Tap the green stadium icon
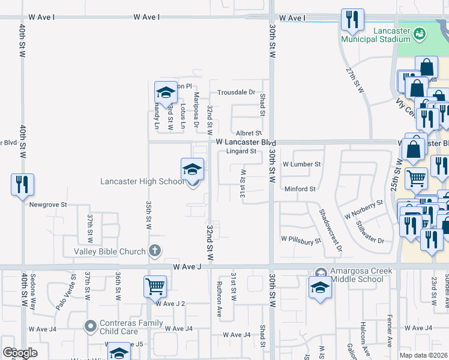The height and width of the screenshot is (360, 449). pos(420,34)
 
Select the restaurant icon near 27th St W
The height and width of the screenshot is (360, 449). pos(352,19)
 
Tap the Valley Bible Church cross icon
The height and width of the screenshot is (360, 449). pos(155,251)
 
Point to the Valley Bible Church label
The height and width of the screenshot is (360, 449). pos(110,251)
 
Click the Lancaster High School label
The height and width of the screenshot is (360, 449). pos(142,182)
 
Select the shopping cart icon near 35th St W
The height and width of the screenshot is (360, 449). pos(155,286)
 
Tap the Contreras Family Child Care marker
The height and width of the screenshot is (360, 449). pos(90,327)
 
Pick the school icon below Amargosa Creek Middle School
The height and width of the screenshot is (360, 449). pos(320,288)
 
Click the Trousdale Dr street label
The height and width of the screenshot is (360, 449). pos(237,93)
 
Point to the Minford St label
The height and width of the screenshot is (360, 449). pos(300,189)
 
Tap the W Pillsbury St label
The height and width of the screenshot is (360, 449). pos(301,239)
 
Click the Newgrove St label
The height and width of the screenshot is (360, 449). pos(49,205)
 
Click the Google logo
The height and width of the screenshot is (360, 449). pos(19,353)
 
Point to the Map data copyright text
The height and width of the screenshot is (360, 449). pos(423,355)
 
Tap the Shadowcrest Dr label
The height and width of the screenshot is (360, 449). pos(330,230)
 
